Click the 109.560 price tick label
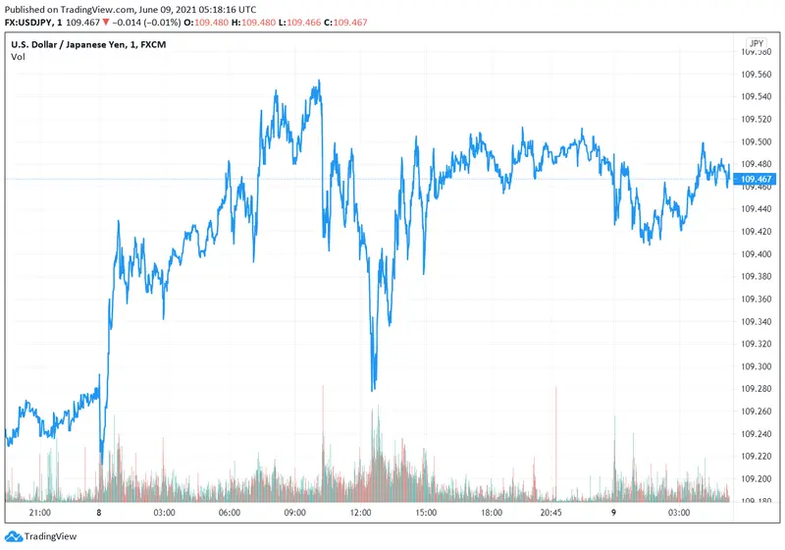click(x=757, y=74)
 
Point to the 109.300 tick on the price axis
click(x=757, y=366)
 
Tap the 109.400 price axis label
click(x=757, y=253)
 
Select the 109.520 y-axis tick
click(x=757, y=119)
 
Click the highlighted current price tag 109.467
click(x=757, y=179)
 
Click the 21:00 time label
click(x=40, y=513)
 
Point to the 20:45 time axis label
click(x=551, y=513)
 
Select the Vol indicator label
click(x=18, y=57)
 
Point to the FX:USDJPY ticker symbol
click(x=32, y=22)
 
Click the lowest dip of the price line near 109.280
click(x=373, y=390)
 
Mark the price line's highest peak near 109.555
click(x=318, y=82)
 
